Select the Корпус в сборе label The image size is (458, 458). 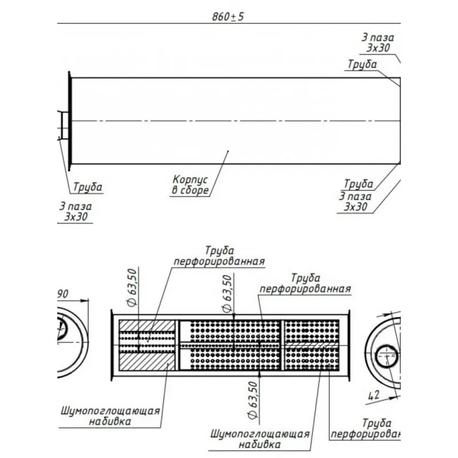click(x=190, y=184)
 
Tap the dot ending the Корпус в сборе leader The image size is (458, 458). click(x=228, y=151)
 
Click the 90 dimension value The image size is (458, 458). click(x=62, y=294)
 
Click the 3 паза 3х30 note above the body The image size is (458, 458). click(x=378, y=42)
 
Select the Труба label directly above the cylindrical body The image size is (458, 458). click(x=362, y=64)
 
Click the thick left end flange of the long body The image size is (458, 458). click(x=69, y=120)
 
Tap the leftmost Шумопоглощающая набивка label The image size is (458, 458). click(x=109, y=416)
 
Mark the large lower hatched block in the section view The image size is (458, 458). click(x=147, y=363)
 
